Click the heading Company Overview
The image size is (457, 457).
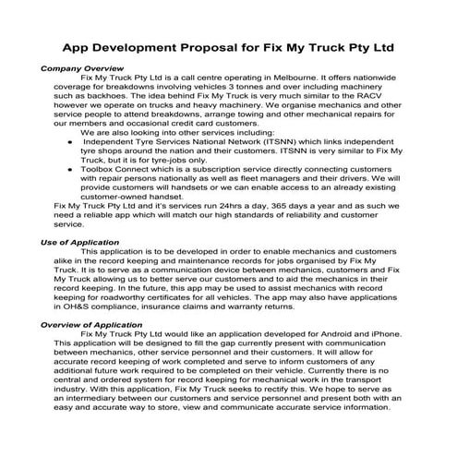click(82, 68)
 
